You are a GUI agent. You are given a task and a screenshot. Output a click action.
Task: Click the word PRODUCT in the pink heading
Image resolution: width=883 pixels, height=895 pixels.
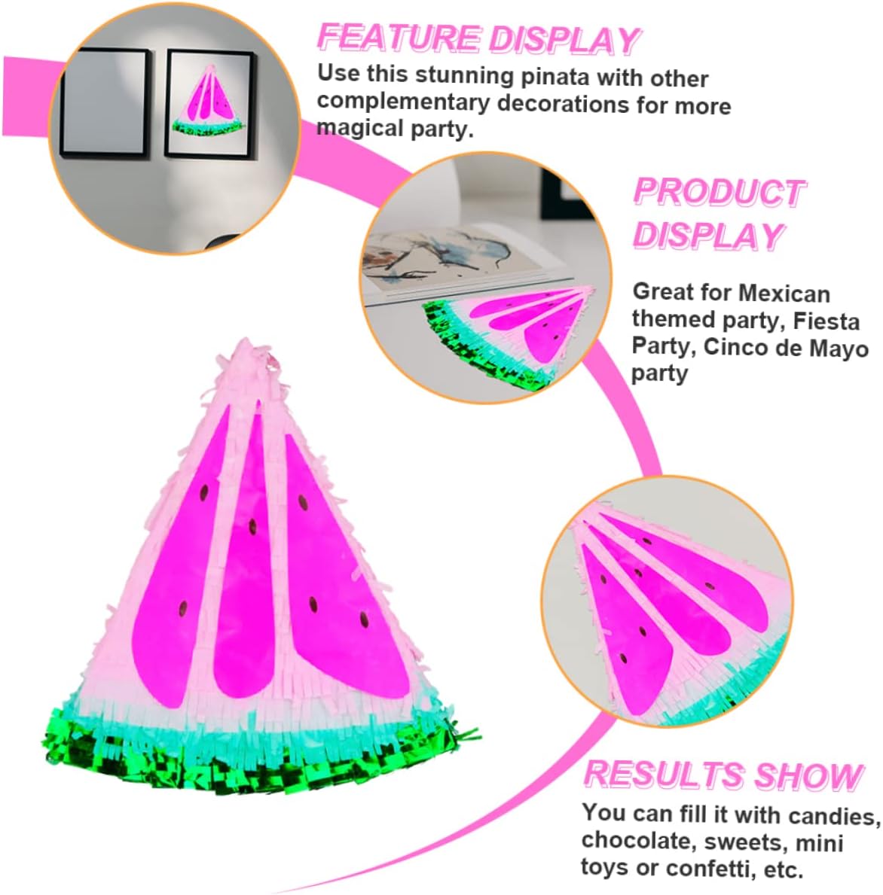(x=719, y=193)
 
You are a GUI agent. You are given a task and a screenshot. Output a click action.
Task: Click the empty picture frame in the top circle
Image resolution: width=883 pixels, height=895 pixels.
(x=103, y=102)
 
